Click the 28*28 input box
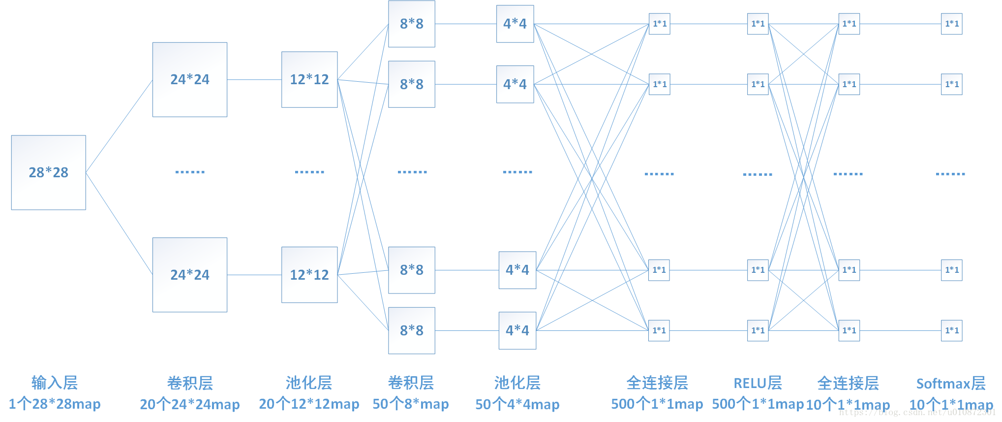point(48,172)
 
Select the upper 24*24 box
point(189,79)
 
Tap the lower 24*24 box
point(189,275)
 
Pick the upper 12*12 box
point(309,79)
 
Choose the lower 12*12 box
point(309,275)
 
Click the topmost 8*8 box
point(411,24)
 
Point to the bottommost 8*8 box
point(411,330)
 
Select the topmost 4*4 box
point(515,24)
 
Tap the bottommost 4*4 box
point(517,330)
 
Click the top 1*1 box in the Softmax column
point(951,24)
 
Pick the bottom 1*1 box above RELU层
point(758,330)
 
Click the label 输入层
point(55,383)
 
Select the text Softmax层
point(950,383)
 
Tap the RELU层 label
point(758,383)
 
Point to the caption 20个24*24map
point(190,404)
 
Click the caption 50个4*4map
point(517,404)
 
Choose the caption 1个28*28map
point(55,404)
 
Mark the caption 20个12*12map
point(309,404)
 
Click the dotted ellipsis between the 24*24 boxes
point(190,172)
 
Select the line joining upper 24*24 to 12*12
point(254,79)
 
